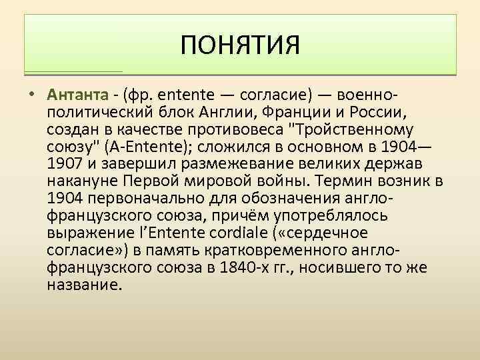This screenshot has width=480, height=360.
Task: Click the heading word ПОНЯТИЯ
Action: point(241,47)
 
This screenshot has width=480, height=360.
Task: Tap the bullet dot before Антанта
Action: point(31,92)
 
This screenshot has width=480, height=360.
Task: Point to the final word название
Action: point(85,285)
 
